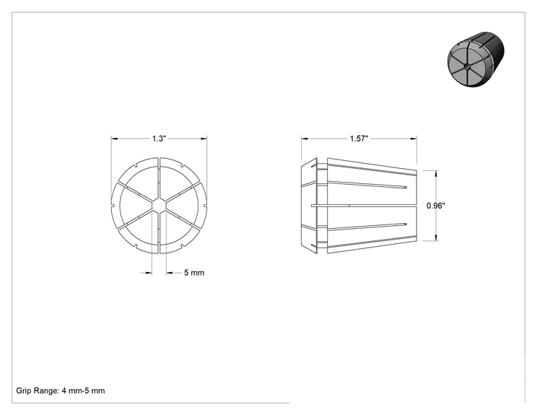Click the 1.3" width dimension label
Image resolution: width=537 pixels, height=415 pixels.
click(x=159, y=139)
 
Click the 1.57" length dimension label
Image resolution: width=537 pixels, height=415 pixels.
click(x=359, y=139)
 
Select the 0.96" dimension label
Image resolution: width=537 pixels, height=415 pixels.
click(x=436, y=206)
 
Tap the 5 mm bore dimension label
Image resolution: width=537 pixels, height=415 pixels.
click(x=194, y=273)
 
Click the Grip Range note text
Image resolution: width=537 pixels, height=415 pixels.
click(x=61, y=390)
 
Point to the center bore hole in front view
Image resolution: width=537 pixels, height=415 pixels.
click(x=159, y=206)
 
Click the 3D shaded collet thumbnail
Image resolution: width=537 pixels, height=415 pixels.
click(x=476, y=59)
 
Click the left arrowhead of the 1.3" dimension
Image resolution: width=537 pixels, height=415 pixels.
click(x=114, y=139)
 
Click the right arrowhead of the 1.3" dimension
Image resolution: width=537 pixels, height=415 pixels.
click(x=204, y=139)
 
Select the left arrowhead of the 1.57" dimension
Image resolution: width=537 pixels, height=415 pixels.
click(x=305, y=139)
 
